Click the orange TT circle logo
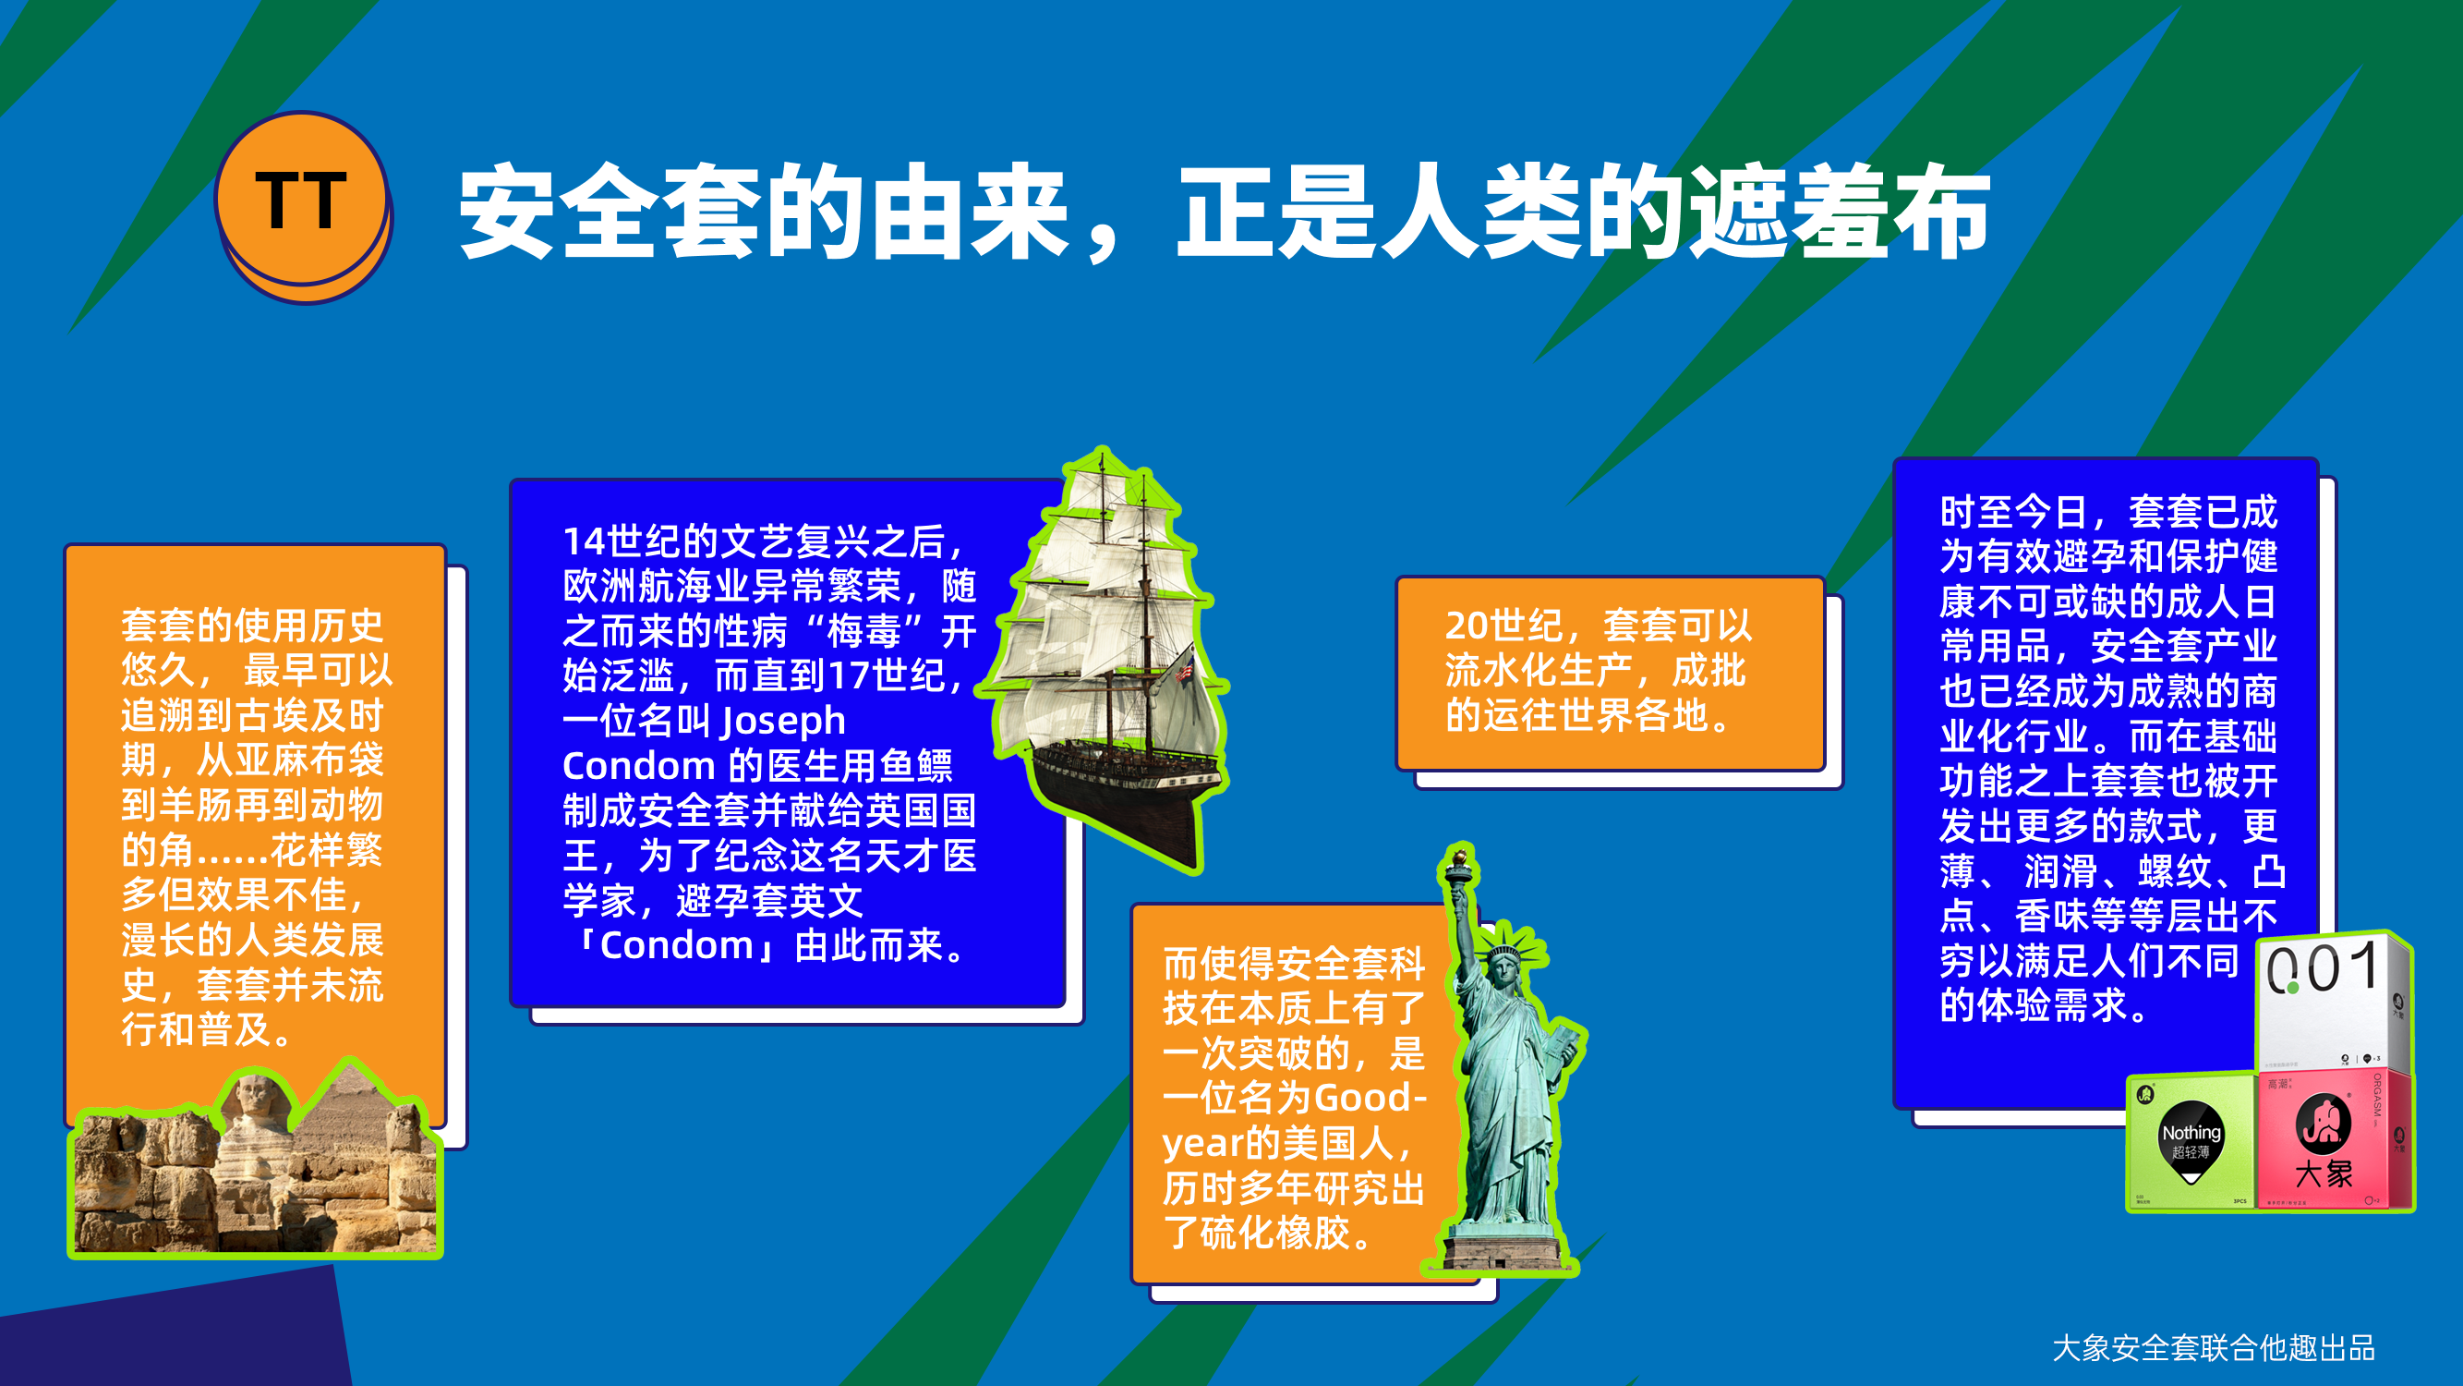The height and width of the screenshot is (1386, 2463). [303, 207]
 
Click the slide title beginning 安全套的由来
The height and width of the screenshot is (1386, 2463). [1225, 212]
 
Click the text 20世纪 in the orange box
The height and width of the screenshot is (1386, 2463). [1504, 626]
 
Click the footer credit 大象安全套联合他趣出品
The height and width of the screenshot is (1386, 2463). [2214, 1348]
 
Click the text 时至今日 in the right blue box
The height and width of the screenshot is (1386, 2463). [2014, 512]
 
